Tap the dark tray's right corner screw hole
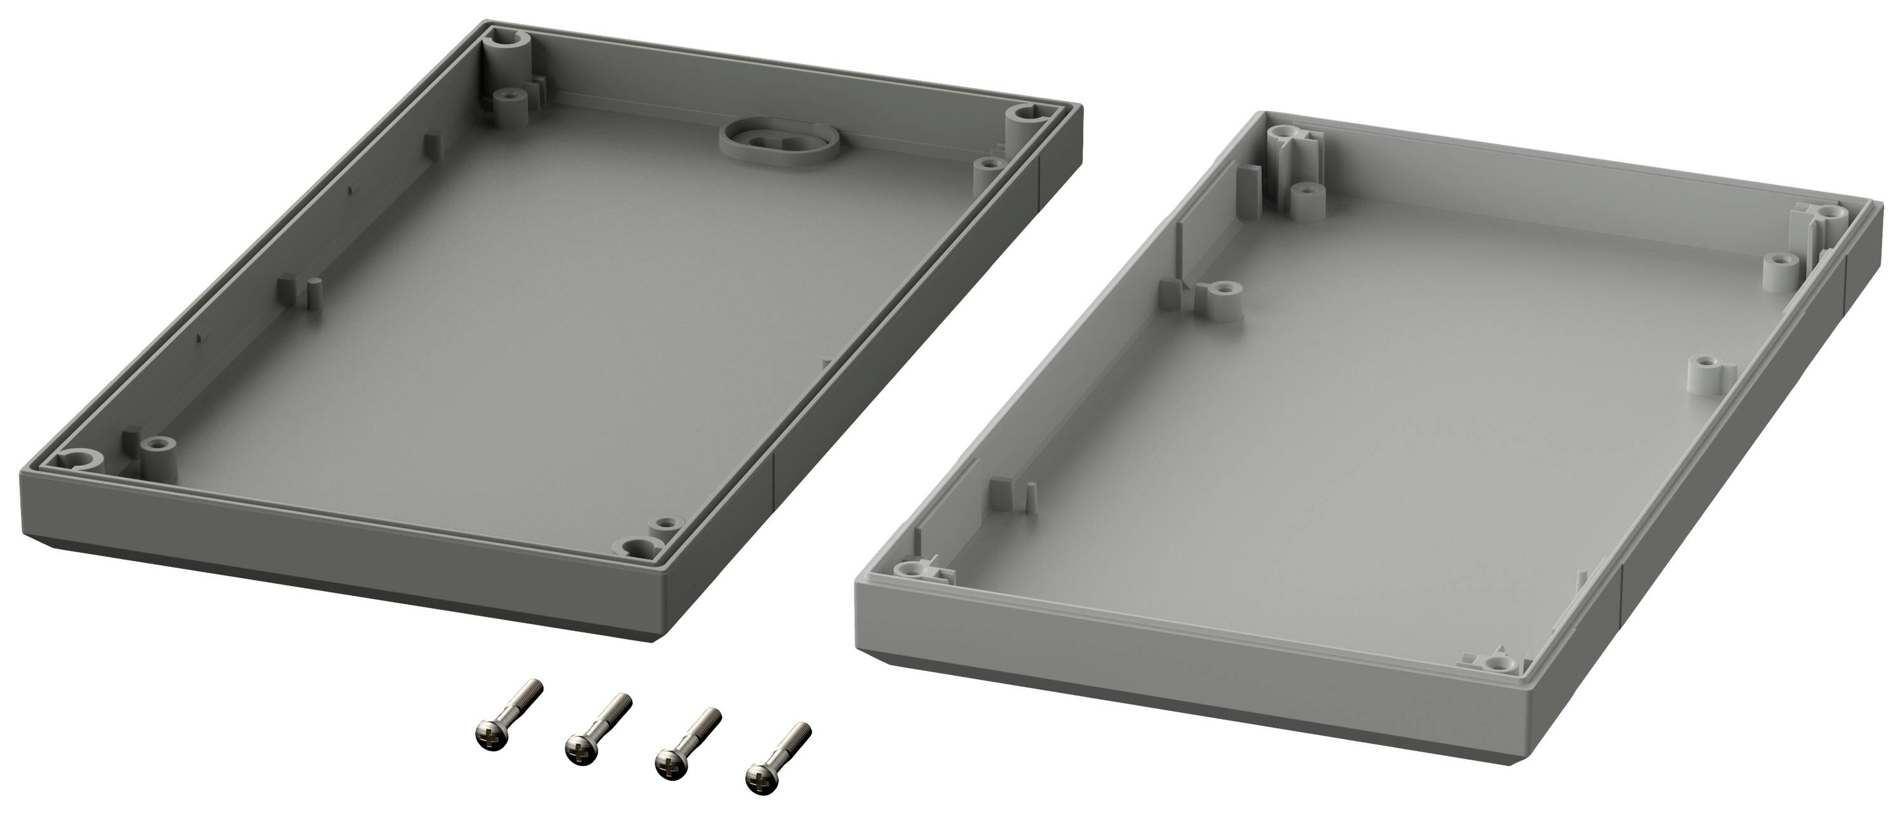click(x=1025, y=114)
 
